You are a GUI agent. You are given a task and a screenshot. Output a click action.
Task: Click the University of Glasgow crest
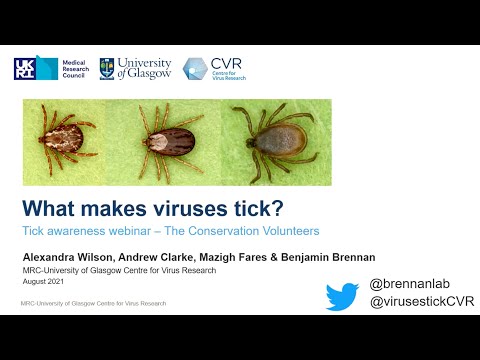pos(107,68)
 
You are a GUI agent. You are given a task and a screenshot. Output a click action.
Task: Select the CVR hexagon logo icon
pos(195,69)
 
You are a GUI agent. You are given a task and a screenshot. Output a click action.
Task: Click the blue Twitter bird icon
pos(342,297)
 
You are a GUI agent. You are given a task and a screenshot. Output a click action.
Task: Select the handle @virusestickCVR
pos(421,302)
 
